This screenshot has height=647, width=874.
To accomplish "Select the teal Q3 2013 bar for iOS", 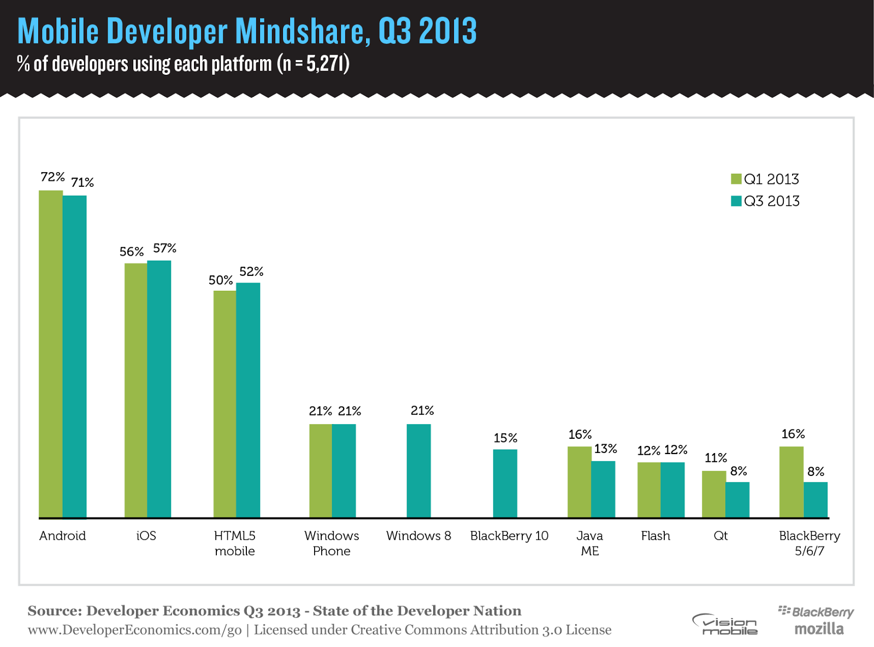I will (159, 389).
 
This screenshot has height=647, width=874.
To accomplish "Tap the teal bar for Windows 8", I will (418, 470).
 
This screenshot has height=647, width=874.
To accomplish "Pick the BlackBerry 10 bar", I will (505, 483).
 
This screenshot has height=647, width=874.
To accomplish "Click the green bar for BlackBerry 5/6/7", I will (791, 481).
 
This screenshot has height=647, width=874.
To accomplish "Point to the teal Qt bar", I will (737, 499).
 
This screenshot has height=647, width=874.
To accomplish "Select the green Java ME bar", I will (579, 481).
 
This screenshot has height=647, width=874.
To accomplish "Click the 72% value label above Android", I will (52, 177).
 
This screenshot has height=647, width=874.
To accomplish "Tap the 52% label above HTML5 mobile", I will (251, 272).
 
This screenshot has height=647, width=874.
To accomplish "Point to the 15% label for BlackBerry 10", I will (505, 438).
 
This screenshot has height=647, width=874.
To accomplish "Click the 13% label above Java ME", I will (606, 449).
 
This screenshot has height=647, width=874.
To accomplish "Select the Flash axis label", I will (655, 536).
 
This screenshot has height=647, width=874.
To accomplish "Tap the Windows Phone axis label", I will (332, 543).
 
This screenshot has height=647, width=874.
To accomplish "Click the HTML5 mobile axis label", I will (234, 543).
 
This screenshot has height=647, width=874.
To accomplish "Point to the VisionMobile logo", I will (725, 624).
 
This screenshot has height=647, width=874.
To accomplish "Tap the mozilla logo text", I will (819, 629).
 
